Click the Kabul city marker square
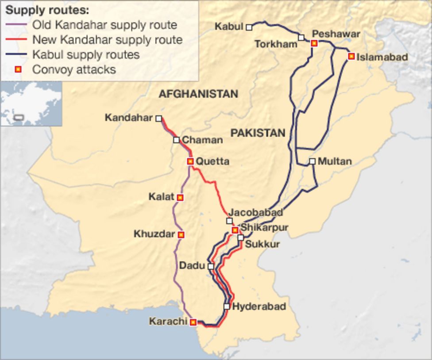coord(249,27)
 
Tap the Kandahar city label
coord(128,118)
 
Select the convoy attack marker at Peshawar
coord(314,43)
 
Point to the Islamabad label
coord(376,57)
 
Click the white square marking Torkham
coord(301,38)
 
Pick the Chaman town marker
coord(176,140)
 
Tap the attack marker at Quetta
coord(190,161)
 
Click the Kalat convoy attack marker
coord(180,198)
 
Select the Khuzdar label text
coord(154,234)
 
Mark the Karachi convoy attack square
coord(193,322)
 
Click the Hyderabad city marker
coord(227,306)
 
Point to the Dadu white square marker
coord(211,266)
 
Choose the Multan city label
coord(335,161)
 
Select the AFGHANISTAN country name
coord(198,94)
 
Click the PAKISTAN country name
coord(258,133)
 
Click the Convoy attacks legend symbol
coord(18,69)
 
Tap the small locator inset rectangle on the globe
coord(19,118)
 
